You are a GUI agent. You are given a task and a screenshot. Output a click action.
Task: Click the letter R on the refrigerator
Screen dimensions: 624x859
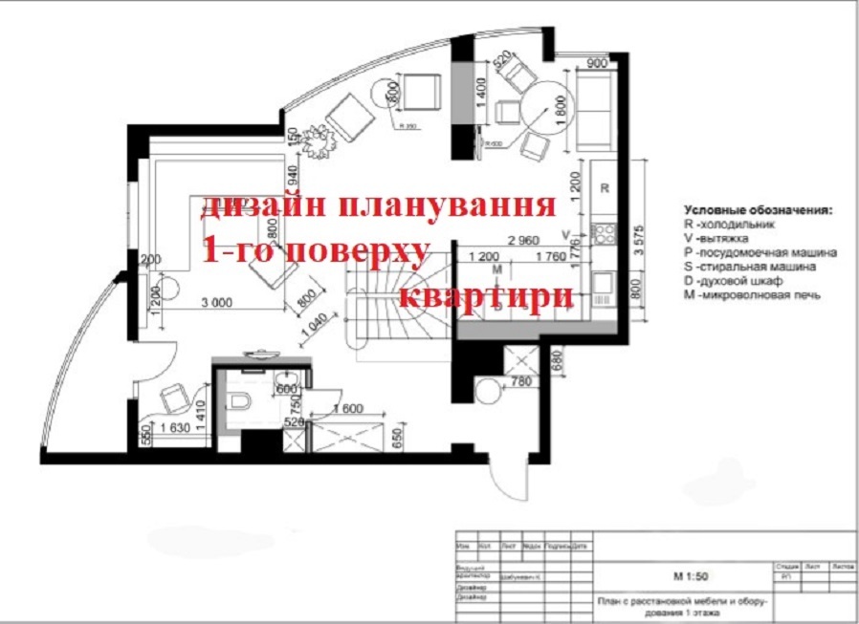604,188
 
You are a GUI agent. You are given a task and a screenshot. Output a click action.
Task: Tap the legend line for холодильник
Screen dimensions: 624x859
730,223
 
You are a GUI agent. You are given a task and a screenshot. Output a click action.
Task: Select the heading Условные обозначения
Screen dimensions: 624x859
759,208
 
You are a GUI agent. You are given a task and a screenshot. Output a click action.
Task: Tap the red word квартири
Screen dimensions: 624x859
485,295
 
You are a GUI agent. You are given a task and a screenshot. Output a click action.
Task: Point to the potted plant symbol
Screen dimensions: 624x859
317,140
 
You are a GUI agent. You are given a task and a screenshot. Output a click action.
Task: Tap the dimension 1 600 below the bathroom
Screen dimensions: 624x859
347,409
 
